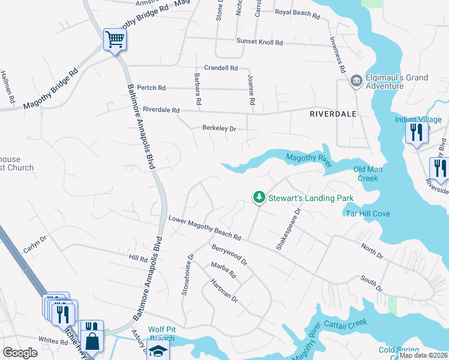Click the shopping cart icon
click(x=114, y=40)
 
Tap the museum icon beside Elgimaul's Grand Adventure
click(x=356, y=80)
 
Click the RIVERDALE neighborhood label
click(x=333, y=113)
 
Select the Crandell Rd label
click(x=221, y=68)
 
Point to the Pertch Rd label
click(x=151, y=88)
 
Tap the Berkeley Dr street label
click(x=220, y=128)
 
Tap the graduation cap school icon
click(x=159, y=352)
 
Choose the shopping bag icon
click(x=92, y=341)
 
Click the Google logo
click(x=20, y=353)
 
